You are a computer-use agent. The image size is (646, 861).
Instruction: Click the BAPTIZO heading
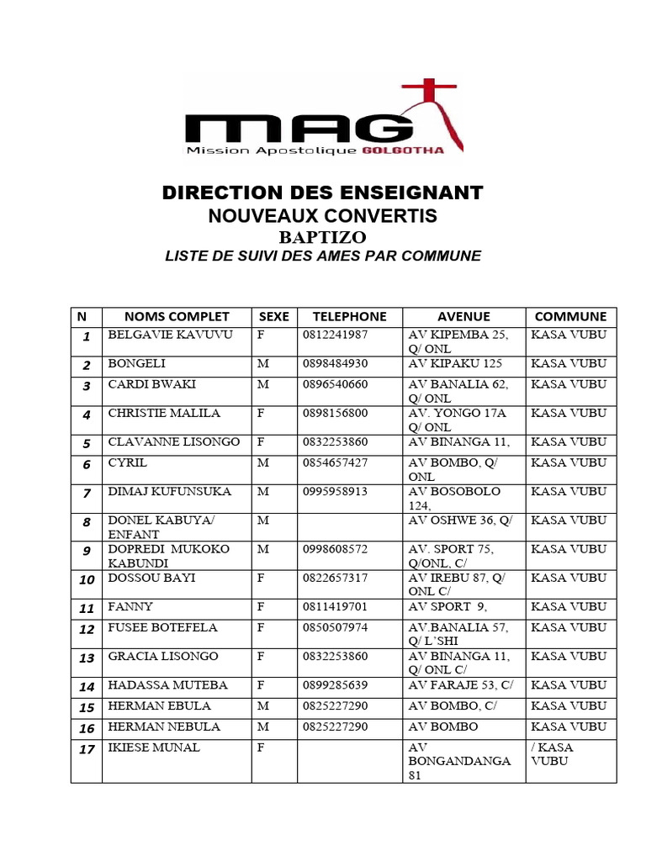323,237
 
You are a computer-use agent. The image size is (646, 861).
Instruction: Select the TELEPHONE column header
349,317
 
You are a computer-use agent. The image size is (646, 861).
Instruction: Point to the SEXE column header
273,317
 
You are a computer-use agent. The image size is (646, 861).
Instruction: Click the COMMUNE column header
570,317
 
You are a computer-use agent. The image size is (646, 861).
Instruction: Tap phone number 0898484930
335,364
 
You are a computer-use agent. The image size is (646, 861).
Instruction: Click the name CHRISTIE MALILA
164,414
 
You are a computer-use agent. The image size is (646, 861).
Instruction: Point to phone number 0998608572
335,549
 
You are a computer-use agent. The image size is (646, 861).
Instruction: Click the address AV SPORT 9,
447,607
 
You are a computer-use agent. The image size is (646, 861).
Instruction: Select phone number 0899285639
335,685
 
